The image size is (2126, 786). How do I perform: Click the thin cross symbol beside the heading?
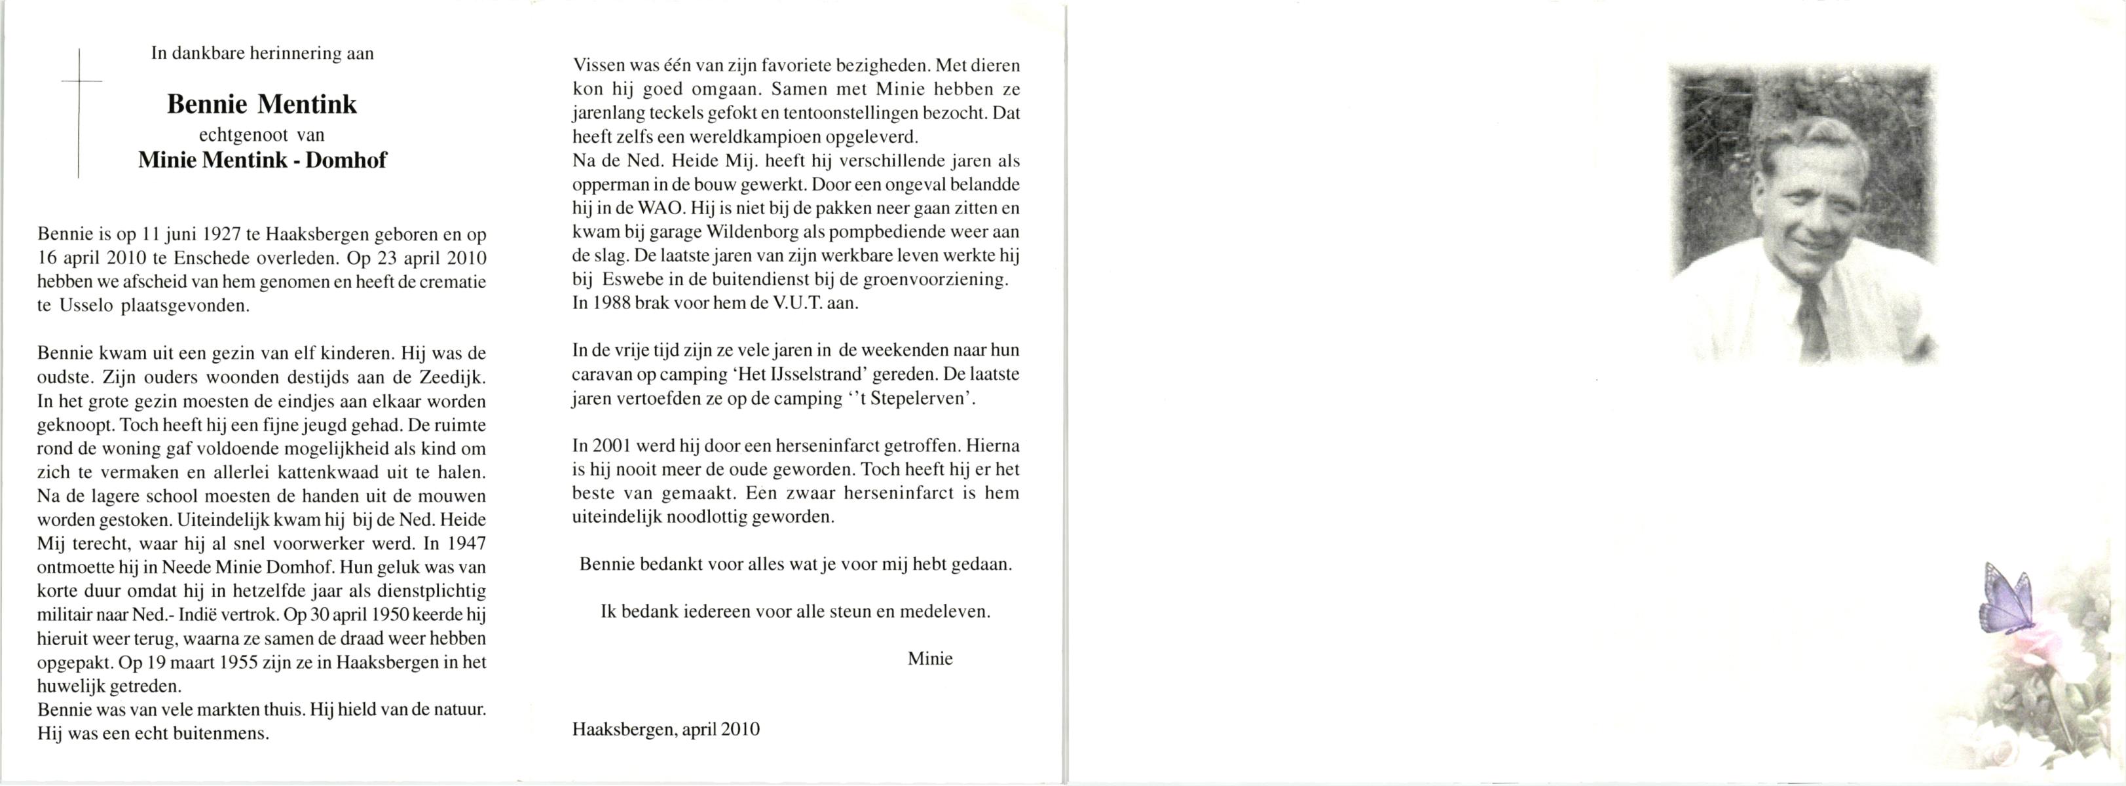coord(79,113)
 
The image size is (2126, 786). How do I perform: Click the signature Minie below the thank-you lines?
coord(929,659)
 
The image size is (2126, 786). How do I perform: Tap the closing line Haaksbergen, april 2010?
coord(665,730)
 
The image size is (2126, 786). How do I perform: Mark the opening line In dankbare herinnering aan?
coord(263,54)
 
